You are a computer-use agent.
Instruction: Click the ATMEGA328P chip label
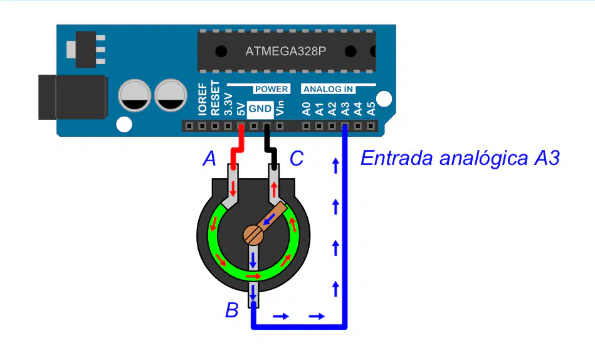285,51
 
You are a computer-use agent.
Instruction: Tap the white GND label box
260,109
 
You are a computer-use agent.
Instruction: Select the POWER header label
271,89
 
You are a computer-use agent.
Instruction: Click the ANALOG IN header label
329,89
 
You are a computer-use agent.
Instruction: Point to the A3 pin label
345,109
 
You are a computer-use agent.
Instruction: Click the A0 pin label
306,109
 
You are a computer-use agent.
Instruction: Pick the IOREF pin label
203,98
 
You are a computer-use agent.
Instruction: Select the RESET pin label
215,98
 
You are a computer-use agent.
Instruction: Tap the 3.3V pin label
228,104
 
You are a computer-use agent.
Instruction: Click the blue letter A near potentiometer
209,158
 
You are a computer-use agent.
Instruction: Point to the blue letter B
232,310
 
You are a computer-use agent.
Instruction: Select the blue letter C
297,158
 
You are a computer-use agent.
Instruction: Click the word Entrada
396,158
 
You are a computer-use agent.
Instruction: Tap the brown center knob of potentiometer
253,235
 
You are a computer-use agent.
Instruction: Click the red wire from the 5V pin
238,147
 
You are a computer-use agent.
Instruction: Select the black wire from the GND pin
271,147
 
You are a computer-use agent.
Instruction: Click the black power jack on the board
73,97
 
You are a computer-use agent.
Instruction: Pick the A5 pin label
371,109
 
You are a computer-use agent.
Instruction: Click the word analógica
483,159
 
